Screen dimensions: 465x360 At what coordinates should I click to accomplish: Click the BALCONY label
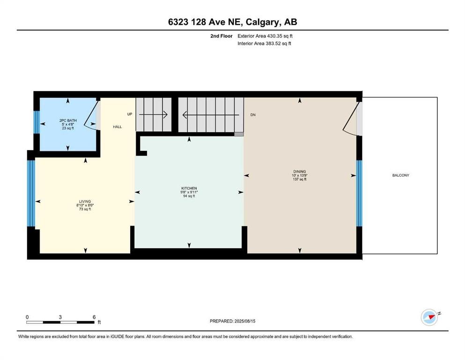pyautogui.click(x=401, y=175)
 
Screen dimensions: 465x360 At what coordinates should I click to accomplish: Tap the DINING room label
pyautogui.click(x=300, y=172)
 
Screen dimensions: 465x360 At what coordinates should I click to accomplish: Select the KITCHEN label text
pyautogui.click(x=189, y=188)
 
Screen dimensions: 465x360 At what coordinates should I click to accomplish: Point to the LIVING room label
pyautogui.click(x=85, y=202)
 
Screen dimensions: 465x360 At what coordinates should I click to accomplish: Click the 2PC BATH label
pyautogui.click(x=68, y=120)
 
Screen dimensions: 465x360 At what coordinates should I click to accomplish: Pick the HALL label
pyautogui.click(x=118, y=127)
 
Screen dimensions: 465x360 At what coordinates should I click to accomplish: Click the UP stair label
pyautogui.click(x=130, y=114)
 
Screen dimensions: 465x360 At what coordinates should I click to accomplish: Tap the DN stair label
pyautogui.click(x=253, y=115)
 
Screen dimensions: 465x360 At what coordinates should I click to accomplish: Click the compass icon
pyautogui.click(x=430, y=317)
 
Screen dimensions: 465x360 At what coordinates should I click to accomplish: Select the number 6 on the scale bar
pyautogui.click(x=94, y=317)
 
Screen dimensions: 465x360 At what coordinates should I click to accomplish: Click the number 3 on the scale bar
pyautogui.click(x=60, y=317)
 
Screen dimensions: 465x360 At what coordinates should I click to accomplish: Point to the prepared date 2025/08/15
pyautogui.click(x=244, y=321)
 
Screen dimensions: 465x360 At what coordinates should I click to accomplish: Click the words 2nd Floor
pyautogui.click(x=221, y=36)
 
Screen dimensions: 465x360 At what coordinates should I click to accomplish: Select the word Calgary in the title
pyautogui.click(x=262, y=22)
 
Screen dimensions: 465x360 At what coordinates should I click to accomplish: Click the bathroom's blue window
pyautogui.click(x=37, y=122)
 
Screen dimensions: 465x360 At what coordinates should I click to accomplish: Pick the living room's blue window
pyautogui.click(x=31, y=193)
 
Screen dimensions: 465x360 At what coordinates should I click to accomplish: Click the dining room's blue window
pyautogui.click(x=359, y=193)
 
